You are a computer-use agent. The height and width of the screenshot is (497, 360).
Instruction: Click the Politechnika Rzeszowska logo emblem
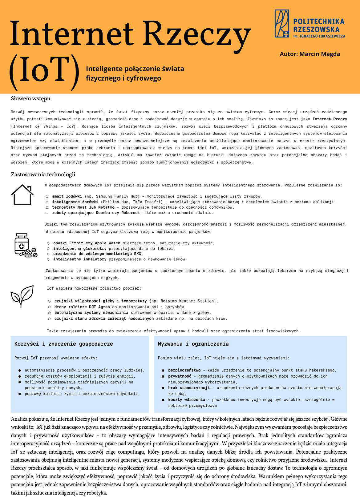click(x=282, y=24)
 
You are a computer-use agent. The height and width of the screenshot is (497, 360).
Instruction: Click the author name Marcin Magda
click(x=310, y=54)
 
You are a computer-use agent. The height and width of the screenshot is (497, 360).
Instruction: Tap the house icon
click(x=22, y=194)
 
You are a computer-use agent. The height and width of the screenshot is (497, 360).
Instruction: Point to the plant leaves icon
click(x=22, y=296)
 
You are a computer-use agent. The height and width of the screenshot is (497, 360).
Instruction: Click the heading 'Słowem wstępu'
click(x=30, y=98)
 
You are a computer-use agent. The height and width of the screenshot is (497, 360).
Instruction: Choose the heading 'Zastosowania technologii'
click(x=43, y=174)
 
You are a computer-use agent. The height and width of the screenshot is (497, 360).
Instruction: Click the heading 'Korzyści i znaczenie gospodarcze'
click(x=64, y=344)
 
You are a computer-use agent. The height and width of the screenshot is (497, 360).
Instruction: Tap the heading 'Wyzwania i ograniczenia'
click(x=193, y=344)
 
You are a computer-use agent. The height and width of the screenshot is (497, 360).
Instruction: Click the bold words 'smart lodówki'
click(x=67, y=196)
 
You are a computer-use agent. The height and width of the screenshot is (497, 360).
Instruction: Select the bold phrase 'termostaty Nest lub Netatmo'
click(x=83, y=207)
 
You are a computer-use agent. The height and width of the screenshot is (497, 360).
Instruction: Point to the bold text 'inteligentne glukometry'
click(x=80, y=249)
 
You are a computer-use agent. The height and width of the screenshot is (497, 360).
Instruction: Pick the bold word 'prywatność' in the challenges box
click(x=180, y=376)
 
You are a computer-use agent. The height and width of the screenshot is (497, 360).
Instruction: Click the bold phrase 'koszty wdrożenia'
click(x=186, y=400)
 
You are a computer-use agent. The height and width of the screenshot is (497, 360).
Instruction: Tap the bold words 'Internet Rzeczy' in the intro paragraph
click(x=330, y=119)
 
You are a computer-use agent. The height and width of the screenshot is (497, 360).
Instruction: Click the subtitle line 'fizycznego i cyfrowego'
click(x=123, y=78)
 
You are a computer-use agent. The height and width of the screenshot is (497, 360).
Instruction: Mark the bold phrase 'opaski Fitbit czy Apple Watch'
click(x=87, y=243)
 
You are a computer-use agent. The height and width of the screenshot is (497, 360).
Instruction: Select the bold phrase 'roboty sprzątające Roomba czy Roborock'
click(x=96, y=213)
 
